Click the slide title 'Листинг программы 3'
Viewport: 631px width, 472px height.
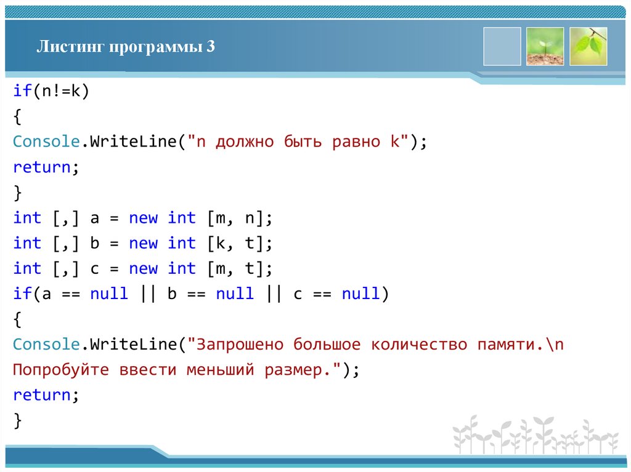pyautogui.click(x=126, y=47)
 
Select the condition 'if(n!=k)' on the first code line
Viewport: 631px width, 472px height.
pyautogui.click(x=52, y=91)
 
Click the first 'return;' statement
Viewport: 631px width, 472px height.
pyautogui.click(x=47, y=167)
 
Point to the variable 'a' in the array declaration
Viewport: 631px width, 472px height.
pyautogui.click(x=95, y=218)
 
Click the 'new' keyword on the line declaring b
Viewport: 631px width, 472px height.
pyautogui.click(x=143, y=243)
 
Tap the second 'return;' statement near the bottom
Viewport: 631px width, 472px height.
pyautogui.click(x=47, y=395)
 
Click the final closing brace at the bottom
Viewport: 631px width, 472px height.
pyautogui.click(x=18, y=420)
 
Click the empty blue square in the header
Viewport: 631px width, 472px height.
pyautogui.click(x=502, y=46)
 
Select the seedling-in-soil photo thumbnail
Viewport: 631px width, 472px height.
pyautogui.click(x=545, y=46)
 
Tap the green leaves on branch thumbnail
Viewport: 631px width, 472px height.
pyautogui.click(x=588, y=46)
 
